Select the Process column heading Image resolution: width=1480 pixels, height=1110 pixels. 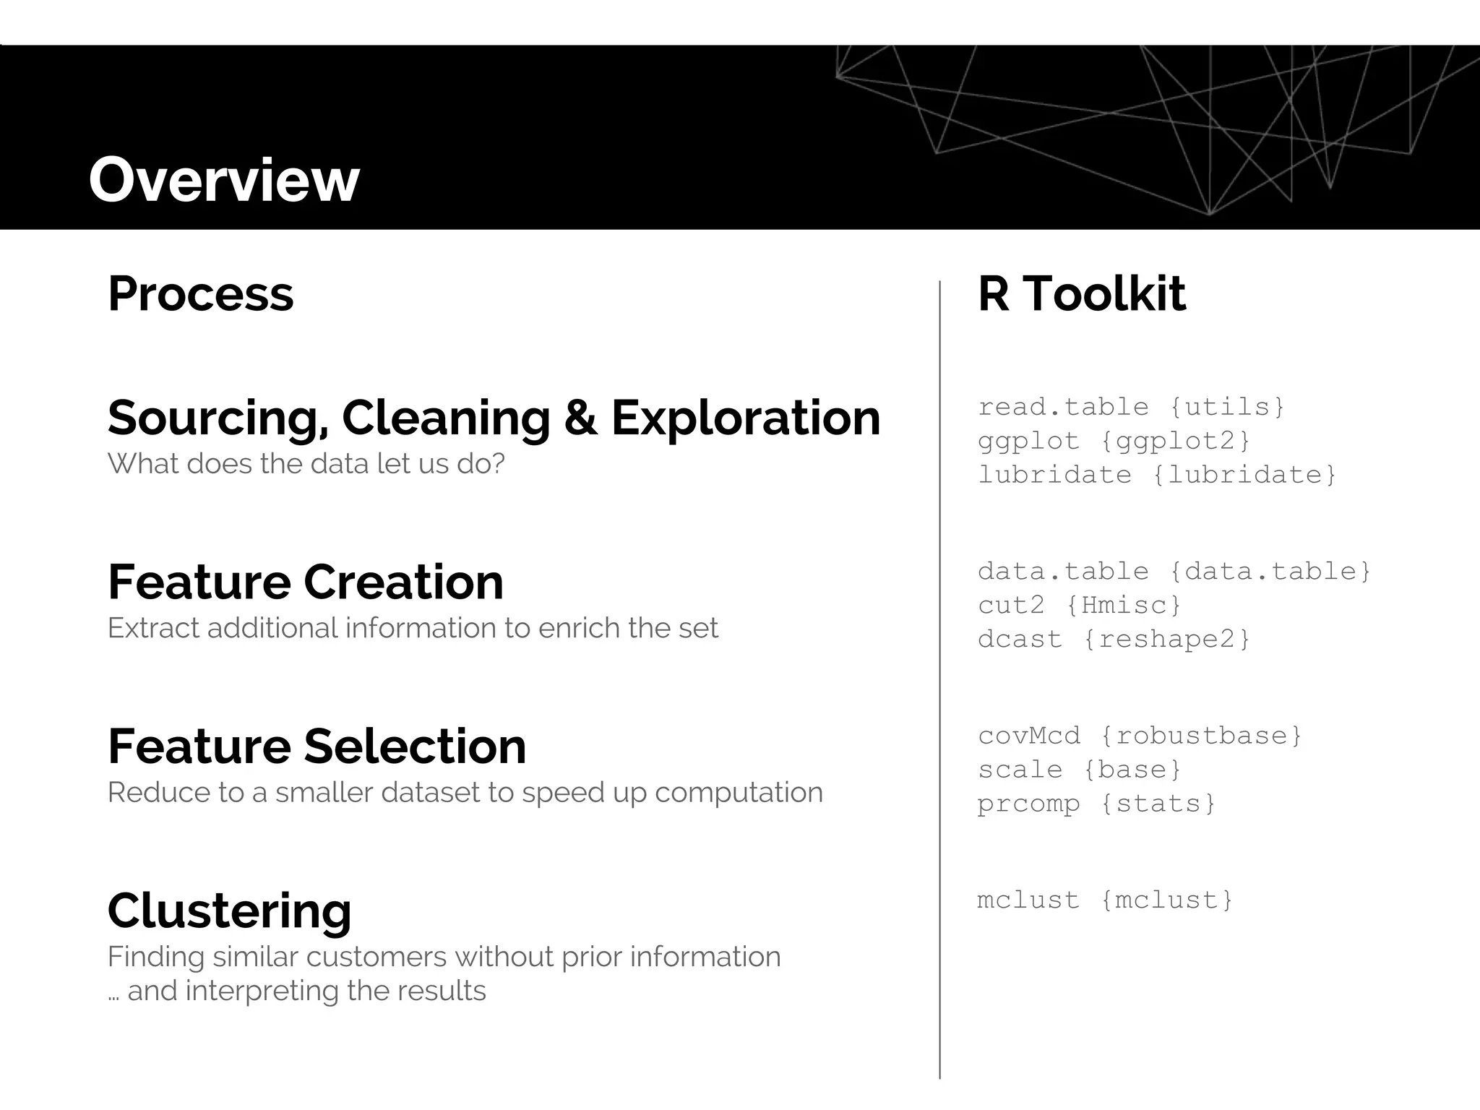click(x=201, y=294)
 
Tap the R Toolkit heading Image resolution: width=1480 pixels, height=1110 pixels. click(x=1081, y=294)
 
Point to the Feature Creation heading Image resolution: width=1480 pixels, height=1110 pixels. click(x=305, y=582)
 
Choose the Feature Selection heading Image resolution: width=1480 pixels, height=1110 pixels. click(x=317, y=746)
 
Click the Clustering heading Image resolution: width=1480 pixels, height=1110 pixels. click(x=229, y=911)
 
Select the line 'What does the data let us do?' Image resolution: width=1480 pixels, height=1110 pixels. click(x=306, y=463)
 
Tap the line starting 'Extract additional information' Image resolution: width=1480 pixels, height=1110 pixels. click(x=413, y=628)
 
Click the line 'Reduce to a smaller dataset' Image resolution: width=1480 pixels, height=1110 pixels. click(x=465, y=792)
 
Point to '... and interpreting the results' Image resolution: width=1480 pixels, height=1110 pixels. click(x=297, y=991)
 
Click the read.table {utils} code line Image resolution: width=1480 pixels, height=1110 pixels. click(x=1131, y=407)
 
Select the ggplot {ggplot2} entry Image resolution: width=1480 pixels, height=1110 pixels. click(x=1114, y=441)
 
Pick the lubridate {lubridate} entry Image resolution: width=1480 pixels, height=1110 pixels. click(x=1157, y=475)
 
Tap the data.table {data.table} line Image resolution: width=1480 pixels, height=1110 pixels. click(x=1174, y=572)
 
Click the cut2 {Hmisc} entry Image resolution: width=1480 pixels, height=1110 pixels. click(x=1079, y=605)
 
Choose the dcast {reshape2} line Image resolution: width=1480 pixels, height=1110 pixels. click(x=1114, y=639)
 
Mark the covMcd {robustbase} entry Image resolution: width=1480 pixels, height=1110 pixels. click(x=1140, y=736)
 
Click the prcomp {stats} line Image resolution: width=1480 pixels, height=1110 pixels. click(x=1096, y=804)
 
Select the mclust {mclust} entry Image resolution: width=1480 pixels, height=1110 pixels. click(x=1105, y=900)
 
